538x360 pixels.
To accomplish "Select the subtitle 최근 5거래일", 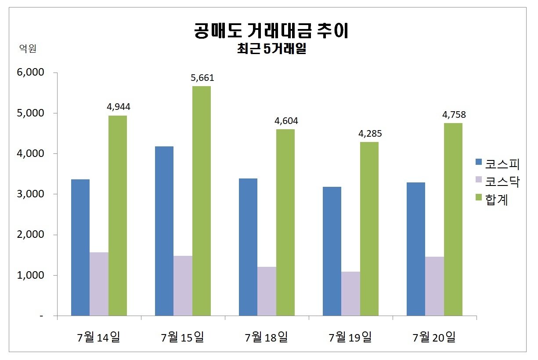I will click(271, 49).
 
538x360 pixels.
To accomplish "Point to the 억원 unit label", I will click(28, 49).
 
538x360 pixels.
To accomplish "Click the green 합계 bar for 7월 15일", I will click(202, 201).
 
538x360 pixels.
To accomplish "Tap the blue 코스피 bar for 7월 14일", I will click(80, 247).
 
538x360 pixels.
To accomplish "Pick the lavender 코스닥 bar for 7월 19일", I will click(350, 294).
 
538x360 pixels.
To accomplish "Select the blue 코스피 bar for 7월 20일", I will click(416, 249).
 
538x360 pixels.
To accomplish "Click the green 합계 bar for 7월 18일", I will click(285, 222).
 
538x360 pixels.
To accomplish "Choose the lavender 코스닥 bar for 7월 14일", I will click(99, 284).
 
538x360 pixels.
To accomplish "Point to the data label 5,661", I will click(202, 78).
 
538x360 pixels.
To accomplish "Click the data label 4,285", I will click(370, 134).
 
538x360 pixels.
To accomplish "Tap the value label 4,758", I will click(454, 115).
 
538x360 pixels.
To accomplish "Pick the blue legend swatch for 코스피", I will click(479, 163).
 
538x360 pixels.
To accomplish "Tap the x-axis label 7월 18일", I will click(266, 338).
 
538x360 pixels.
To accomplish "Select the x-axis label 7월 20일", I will click(434, 338).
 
